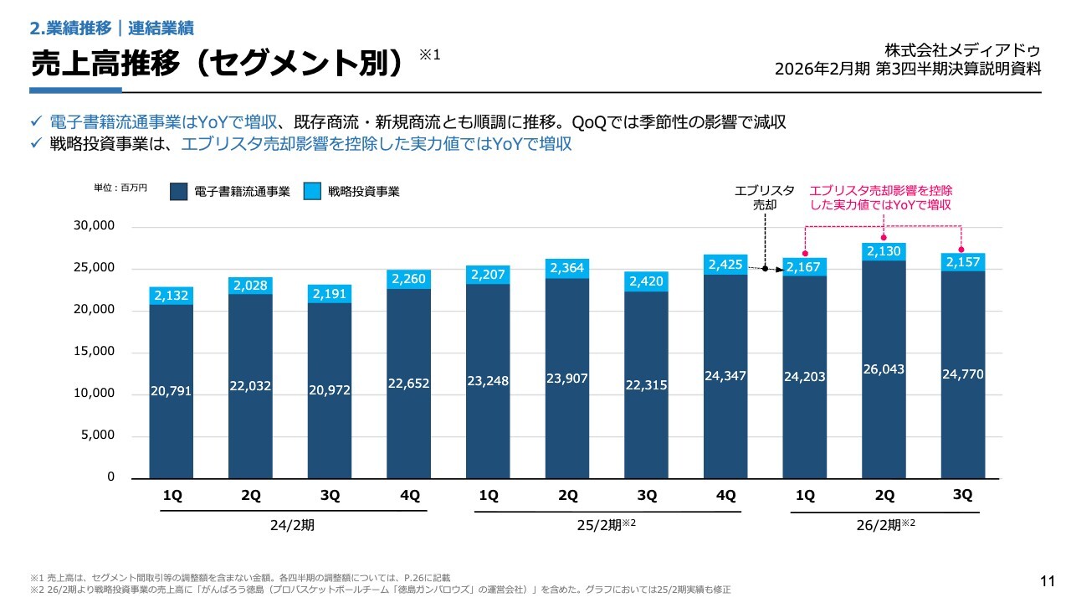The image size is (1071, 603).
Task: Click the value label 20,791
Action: click(x=172, y=390)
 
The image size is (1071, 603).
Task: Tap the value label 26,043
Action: click(x=884, y=369)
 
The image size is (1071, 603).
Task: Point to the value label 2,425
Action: click(x=725, y=265)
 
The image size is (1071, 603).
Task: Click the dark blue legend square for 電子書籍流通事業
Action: click(x=178, y=192)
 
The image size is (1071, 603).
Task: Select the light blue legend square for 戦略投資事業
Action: click(x=312, y=192)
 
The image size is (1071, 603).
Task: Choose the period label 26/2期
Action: click(x=879, y=525)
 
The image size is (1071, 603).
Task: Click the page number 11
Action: click(x=1046, y=581)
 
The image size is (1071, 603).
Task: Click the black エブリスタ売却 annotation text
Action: click(x=765, y=198)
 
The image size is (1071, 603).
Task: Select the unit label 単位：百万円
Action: click(x=120, y=188)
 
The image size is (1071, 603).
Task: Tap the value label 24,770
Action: click(x=963, y=374)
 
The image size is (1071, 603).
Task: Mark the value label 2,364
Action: click(x=566, y=267)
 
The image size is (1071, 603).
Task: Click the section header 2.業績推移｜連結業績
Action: click(x=111, y=28)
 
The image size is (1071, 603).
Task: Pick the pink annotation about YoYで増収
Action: click(x=881, y=198)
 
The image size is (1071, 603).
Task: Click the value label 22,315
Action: click(x=646, y=384)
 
